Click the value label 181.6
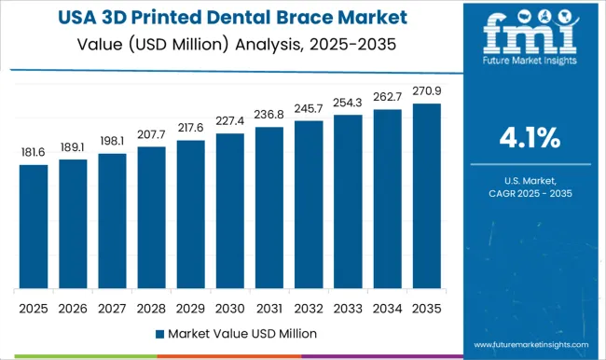[x=33, y=152]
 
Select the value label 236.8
[x=269, y=115]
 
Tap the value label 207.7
[x=151, y=135]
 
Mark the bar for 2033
[x=348, y=201]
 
